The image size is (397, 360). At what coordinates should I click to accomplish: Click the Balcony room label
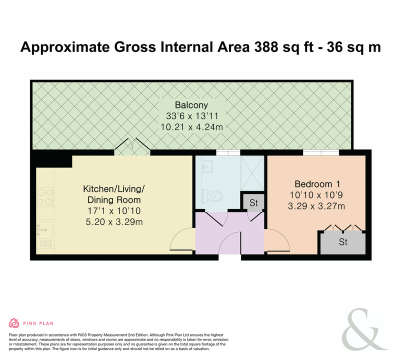point(191,105)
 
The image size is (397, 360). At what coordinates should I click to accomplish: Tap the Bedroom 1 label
point(317,184)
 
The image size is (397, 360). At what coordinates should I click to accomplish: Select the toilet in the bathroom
point(212,196)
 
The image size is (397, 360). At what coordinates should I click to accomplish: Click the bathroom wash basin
point(207,166)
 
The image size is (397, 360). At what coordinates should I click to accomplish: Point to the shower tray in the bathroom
point(252,173)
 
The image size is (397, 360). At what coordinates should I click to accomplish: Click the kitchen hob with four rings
point(45,197)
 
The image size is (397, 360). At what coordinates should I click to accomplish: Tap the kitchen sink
point(45,230)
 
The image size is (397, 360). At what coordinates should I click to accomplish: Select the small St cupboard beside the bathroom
point(253,202)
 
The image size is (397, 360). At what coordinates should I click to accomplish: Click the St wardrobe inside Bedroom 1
point(343,242)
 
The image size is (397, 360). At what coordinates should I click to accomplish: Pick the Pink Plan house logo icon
point(14,323)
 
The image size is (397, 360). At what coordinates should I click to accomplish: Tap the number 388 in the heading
point(266,47)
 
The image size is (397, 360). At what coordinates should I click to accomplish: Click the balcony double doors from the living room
point(132,147)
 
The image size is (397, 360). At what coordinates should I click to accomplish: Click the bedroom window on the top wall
point(321,152)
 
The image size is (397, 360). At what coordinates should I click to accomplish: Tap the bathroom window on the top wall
point(228,152)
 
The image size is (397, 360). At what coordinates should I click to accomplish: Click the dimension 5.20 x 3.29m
point(114,222)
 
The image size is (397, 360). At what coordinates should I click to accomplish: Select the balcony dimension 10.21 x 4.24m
point(191,127)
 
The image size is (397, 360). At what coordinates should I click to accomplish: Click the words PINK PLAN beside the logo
point(38,323)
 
